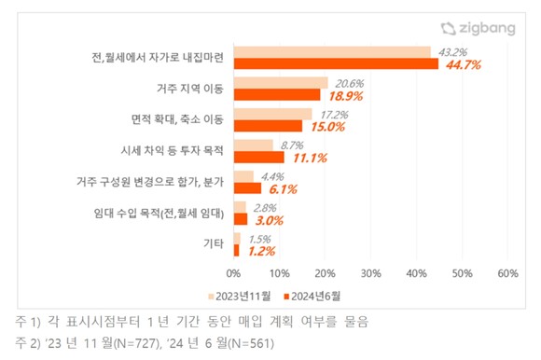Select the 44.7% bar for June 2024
pyautogui.click(x=336, y=65)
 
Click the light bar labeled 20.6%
pyautogui.click(x=281, y=83)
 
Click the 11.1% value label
pyautogui.click(x=310, y=158)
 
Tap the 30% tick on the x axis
pyautogui.click(x=370, y=274)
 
